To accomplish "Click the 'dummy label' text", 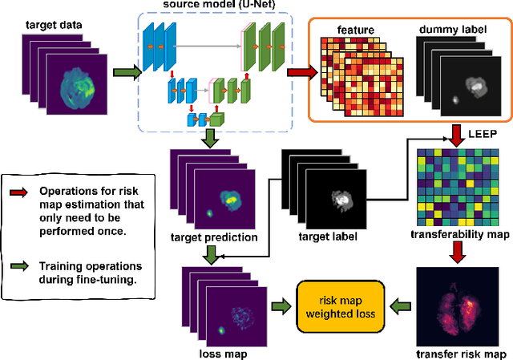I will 450,29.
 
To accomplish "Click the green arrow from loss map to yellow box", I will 279,305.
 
